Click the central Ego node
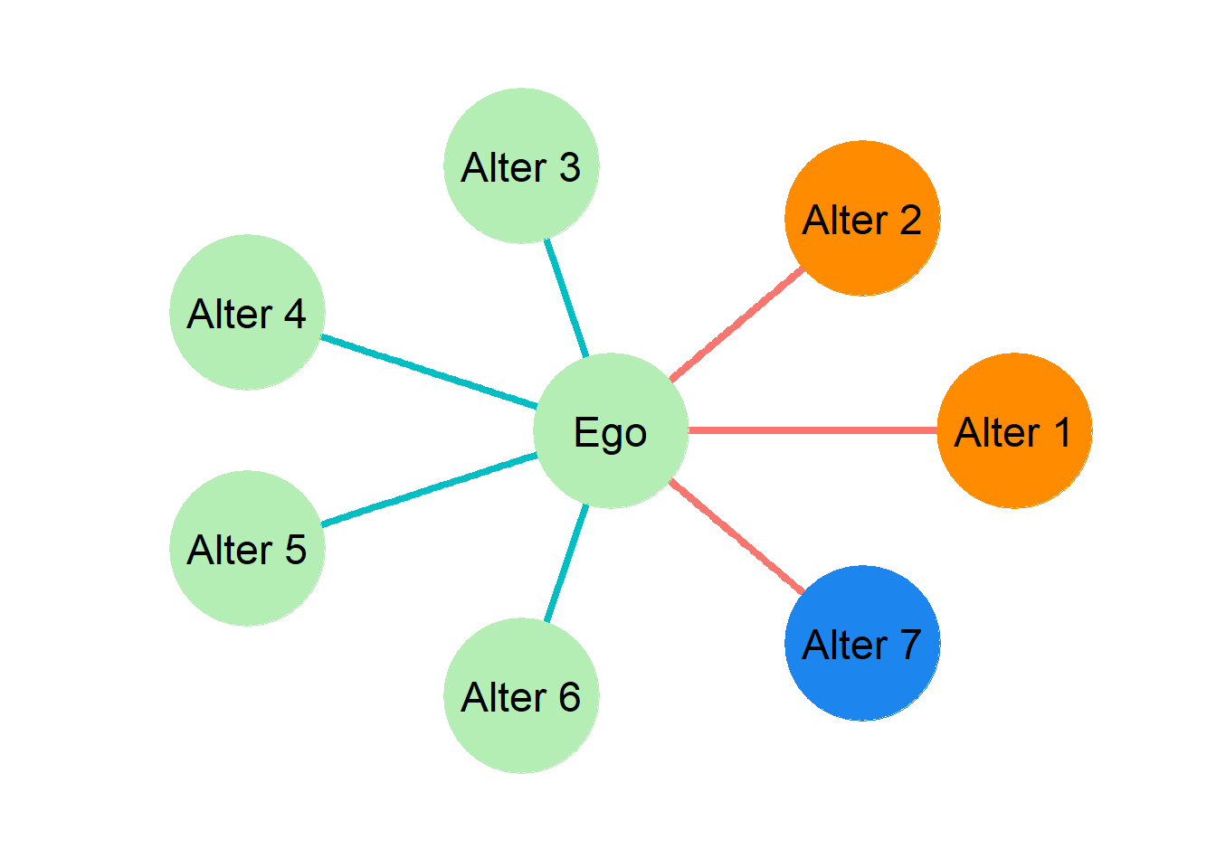click(x=611, y=430)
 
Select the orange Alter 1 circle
click(x=1014, y=430)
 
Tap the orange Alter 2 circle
click(x=862, y=218)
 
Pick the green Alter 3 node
click(x=522, y=165)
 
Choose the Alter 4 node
click(x=248, y=312)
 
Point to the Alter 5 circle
click(x=248, y=549)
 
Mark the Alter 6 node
click(x=522, y=695)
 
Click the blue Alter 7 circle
click(x=862, y=644)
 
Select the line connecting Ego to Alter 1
click(x=812, y=430)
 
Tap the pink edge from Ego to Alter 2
click(x=736, y=325)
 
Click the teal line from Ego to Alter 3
click(x=566, y=298)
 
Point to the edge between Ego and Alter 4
click(x=429, y=372)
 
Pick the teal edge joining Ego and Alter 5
click(x=429, y=490)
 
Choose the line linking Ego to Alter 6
click(x=566, y=563)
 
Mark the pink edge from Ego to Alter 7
click(x=736, y=537)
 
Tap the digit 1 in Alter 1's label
click(x=1063, y=432)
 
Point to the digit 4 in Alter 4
click(x=295, y=313)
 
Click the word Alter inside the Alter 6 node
click(x=503, y=696)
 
